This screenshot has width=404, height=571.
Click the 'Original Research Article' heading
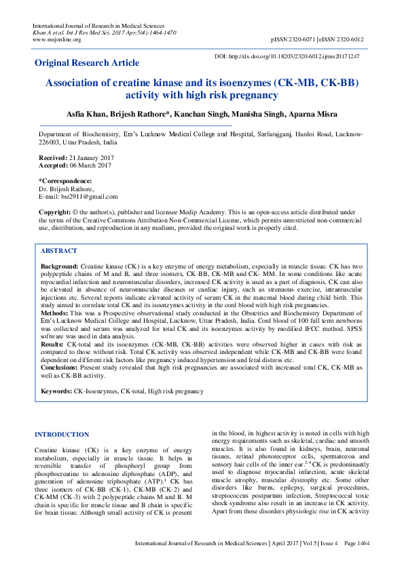pyautogui.click(x=88, y=64)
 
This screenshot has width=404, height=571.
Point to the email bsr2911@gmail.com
pyautogui.click(x=88, y=197)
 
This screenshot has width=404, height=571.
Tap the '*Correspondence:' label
pyautogui.click(x=65, y=181)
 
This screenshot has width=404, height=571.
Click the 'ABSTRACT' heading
pyautogui.click(x=59, y=251)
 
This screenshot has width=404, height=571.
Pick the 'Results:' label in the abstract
pyautogui.click(x=54, y=345)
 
